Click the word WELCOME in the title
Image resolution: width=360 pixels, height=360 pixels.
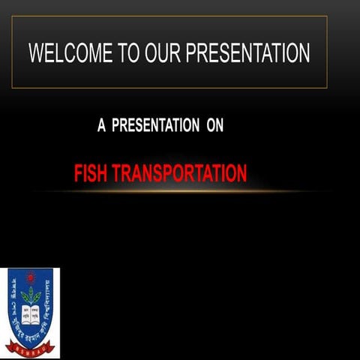coord(70,53)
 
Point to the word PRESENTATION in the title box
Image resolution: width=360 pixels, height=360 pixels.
coord(247,53)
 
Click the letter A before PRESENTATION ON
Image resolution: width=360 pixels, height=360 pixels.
coord(102,125)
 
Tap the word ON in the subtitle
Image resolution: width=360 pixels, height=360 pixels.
coord(214,125)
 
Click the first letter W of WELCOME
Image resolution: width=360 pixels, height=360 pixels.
coord(37,53)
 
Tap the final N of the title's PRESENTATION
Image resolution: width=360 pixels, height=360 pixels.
coord(303,53)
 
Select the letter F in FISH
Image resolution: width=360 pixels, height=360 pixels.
coord(78,174)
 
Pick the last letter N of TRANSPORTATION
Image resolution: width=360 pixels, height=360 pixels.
coord(241,174)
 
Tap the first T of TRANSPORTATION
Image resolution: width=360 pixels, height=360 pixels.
coord(115,174)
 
